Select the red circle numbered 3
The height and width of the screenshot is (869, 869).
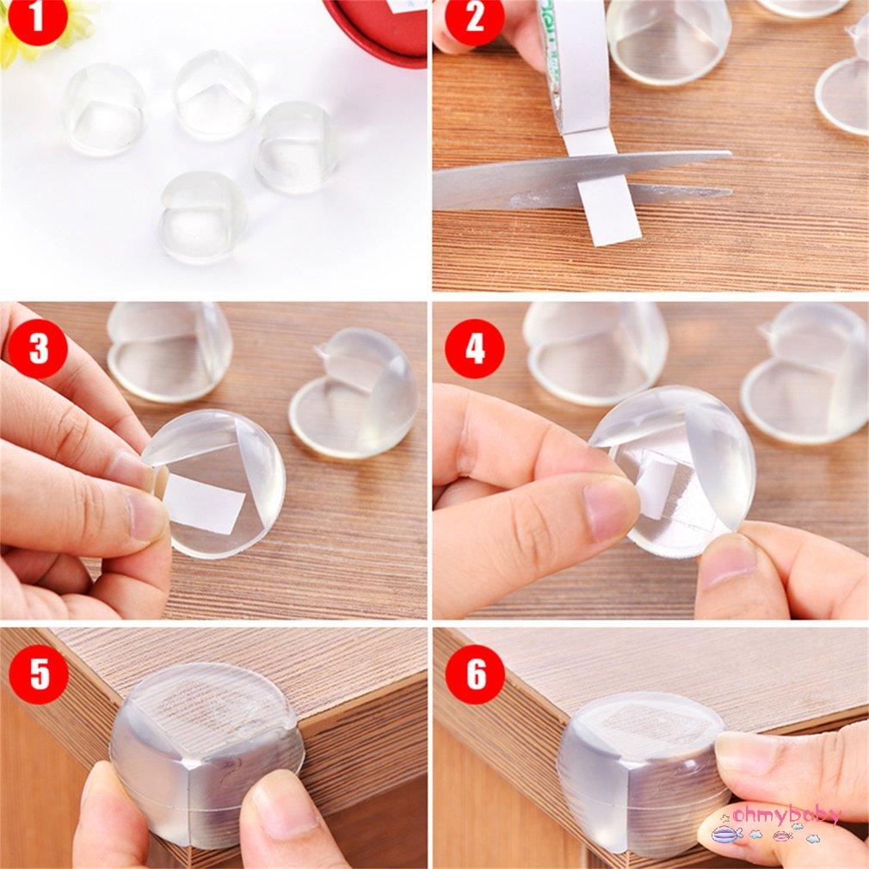[x=37, y=348]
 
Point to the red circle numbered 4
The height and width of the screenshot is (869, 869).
[x=474, y=348]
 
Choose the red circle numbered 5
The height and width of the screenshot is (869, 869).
[x=40, y=674]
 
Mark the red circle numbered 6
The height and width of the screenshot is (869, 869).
[x=474, y=674]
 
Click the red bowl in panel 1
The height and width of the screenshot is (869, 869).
[x=379, y=26]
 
